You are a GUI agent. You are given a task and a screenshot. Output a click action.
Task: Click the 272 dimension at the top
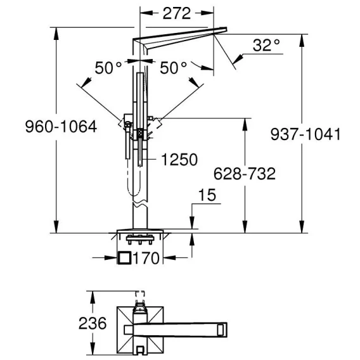(177, 13)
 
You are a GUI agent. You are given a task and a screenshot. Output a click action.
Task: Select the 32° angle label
(266, 45)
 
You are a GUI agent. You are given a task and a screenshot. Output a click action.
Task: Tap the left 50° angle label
(108, 68)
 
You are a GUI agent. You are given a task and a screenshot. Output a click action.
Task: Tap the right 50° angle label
(173, 68)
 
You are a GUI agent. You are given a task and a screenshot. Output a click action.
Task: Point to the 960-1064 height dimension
(61, 127)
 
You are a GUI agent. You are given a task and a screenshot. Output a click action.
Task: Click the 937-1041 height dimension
(305, 134)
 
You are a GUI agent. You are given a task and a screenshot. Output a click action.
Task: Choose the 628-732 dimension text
(245, 174)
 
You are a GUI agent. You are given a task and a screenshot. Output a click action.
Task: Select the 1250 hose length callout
(179, 159)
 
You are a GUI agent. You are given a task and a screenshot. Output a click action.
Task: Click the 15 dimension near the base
(207, 195)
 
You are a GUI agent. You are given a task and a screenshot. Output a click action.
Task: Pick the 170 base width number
(146, 258)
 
